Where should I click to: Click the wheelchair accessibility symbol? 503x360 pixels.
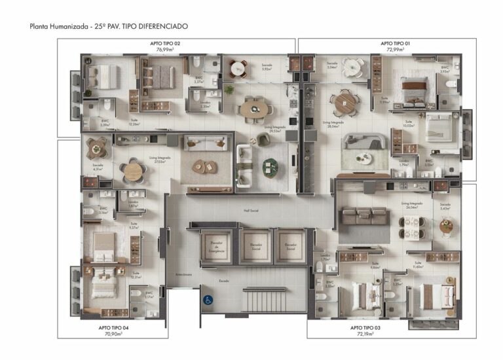[208, 300]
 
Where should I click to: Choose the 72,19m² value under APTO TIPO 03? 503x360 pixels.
[364, 334]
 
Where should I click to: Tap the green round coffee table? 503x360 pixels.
[270, 168]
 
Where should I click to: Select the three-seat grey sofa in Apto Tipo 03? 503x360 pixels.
[363, 215]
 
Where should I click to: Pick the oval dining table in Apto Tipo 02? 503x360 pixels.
[253, 107]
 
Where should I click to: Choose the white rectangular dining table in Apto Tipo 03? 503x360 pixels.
[412, 226]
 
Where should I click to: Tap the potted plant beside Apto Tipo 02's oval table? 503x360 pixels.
[229, 90]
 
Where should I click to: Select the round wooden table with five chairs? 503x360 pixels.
[134, 171]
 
